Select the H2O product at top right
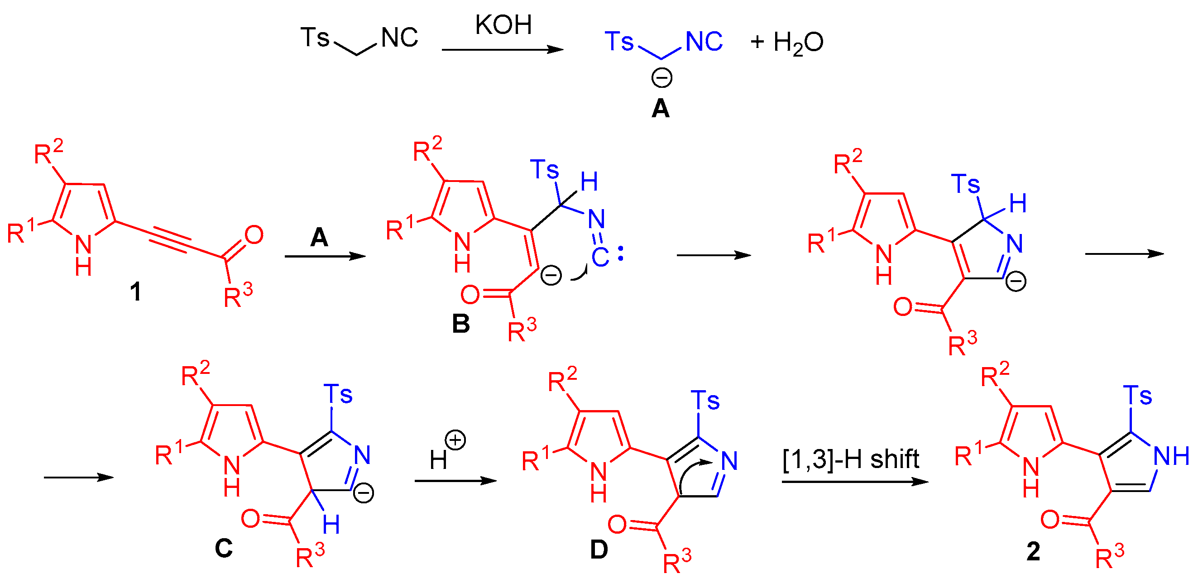pyautogui.click(x=798, y=43)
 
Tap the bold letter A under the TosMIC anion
pyautogui.click(x=661, y=109)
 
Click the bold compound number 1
pyautogui.click(x=135, y=292)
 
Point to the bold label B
pyautogui.click(x=461, y=324)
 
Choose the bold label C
pyautogui.click(x=224, y=549)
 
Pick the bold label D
pyautogui.click(x=599, y=550)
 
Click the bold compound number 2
pyautogui.click(x=1033, y=552)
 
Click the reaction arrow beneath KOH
pyautogui.click(x=502, y=49)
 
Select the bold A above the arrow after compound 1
pyautogui.click(x=320, y=238)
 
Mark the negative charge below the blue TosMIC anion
pyautogui.click(x=661, y=78)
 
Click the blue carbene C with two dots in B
pyautogui.click(x=601, y=257)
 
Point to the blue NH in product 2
pyautogui.click(x=1171, y=456)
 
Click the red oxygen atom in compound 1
pyautogui.click(x=254, y=235)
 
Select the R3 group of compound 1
pyautogui.click(x=238, y=296)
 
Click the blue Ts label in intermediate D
pyautogui.click(x=705, y=401)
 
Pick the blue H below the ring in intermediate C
pyautogui.click(x=331, y=525)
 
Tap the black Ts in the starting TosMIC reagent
pyautogui.click(x=315, y=37)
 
